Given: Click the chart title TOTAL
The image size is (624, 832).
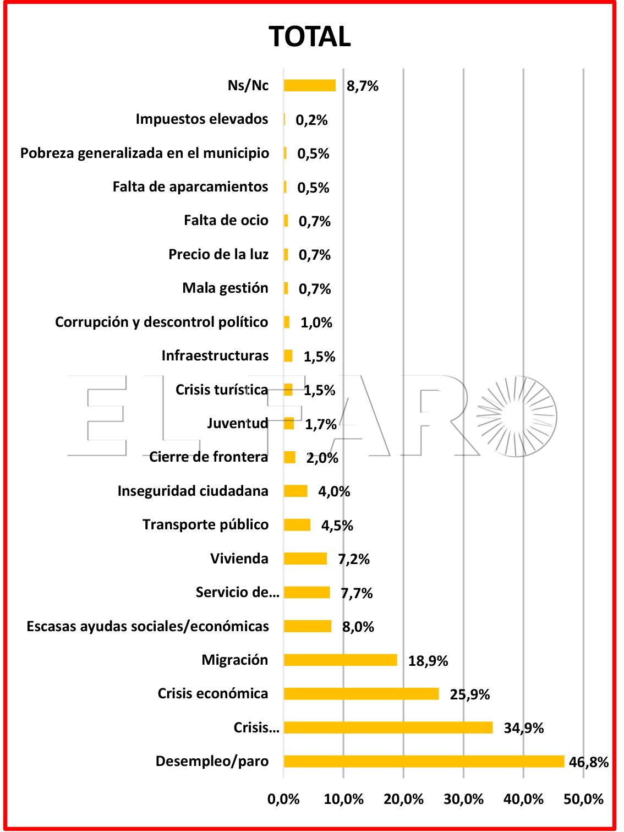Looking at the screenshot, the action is pyautogui.click(x=310, y=37).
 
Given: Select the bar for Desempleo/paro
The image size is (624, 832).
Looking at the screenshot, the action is pyautogui.click(x=424, y=761).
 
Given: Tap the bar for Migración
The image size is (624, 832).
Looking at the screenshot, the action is pyautogui.click(x=340, y=660).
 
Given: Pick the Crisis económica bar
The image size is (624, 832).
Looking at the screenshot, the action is pyautogui.click(x=361, y=694).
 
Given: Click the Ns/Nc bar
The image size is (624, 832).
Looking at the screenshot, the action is pyautogui.click(x=310, y=86).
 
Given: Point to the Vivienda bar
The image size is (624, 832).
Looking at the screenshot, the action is pyautogui.click(x=305, y=559).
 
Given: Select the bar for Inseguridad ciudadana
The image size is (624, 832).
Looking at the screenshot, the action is pyautogui.click(x=295, y=491).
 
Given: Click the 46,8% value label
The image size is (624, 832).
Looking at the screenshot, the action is pyautogui.click(x=588, y=762).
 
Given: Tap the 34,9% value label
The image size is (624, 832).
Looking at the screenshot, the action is pyautogui.click(x=523, y=728).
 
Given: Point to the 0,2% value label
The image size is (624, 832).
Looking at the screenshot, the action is pyautogui.click(x=311, y=120).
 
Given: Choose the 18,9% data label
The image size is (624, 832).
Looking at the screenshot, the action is pyautogui.click(x=428, y=661).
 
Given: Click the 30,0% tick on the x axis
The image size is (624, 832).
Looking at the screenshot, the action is pyautogui.click(x=463, y=799).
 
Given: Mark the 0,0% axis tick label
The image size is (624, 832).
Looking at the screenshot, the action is pyautogui.click(x=283, y=799).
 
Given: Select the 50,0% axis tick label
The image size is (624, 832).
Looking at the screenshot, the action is pyautogui.click(x=583, y=799).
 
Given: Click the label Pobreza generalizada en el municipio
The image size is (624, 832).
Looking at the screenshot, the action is pyautogui.click(x=144, y=153).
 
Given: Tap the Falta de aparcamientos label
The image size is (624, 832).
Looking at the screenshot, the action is pyautogui.click(x=190, y=187).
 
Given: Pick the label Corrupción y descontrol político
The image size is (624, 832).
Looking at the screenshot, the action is pyautogui.click(x=161, y=322).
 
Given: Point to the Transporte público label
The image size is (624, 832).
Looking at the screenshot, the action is pyautogui.click(x=205, y=525).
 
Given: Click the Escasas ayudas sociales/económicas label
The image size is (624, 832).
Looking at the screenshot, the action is pyautogui.click(x=147, y=626).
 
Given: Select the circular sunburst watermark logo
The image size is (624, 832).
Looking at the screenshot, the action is pyautogui.click(x=516, y=416).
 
